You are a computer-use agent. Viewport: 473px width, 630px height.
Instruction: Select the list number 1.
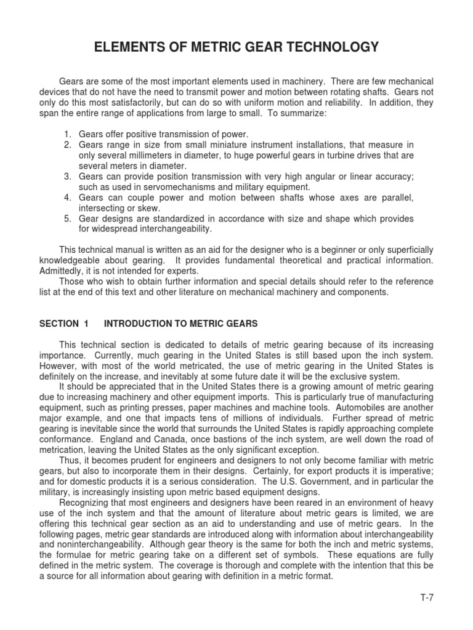(67, 134)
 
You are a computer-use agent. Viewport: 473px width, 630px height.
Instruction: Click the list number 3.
(67, 177)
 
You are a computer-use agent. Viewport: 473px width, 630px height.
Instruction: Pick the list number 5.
(67, 219)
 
